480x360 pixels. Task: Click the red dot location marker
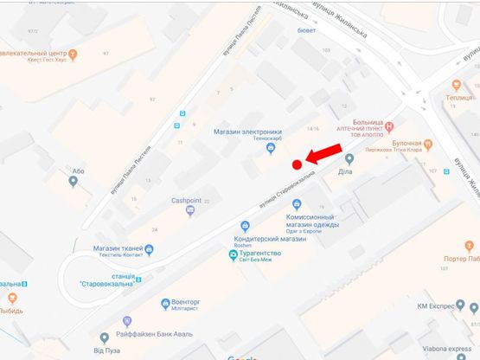click(x=297, y=164)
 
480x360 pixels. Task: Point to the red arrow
click(x=324, y=153)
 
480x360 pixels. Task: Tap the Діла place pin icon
click(x=349, y=159)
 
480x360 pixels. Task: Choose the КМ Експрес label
click(x=438, y=305)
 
